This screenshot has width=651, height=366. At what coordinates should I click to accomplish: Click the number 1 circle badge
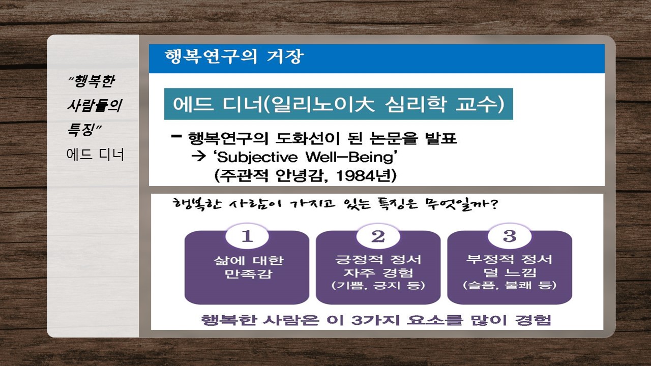[247, 236]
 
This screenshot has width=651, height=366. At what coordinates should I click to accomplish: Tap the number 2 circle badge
[378, 236]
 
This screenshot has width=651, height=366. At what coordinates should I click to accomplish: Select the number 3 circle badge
[510, 236]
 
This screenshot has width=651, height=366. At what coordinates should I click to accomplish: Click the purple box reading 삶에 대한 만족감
[247, 267]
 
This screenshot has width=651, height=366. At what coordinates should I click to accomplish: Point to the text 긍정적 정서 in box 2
[378, 259]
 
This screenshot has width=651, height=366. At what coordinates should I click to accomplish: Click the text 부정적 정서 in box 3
[509, 259]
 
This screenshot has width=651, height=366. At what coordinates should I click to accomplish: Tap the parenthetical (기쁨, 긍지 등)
[378, 285]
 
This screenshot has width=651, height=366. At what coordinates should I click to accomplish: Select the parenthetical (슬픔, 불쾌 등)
[510, 285]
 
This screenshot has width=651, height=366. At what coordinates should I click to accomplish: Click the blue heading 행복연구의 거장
[234, 56]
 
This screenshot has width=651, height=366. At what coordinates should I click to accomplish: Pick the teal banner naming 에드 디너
[339, 104]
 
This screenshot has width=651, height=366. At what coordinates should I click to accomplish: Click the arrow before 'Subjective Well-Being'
[199, 157]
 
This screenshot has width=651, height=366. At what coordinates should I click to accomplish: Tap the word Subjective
[257, 158]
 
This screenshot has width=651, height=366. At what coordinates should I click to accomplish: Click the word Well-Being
[349, 157]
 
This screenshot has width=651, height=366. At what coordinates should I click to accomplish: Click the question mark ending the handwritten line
[493, 204]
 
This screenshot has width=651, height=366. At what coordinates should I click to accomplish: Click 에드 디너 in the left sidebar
[95, 154]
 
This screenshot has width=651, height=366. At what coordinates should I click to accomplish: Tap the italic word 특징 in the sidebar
[81, 129]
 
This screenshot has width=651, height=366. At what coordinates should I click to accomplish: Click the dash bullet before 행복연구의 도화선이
[176, 136]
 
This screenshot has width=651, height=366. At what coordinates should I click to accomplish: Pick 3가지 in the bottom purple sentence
[375, 320]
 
